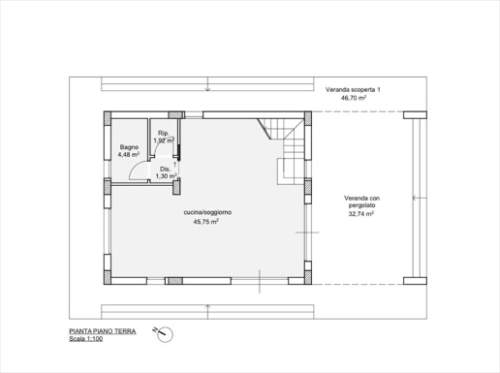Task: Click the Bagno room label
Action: pyautogui.click(x=129, y=147)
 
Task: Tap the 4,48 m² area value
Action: pyautogui.click(x=129, y=154)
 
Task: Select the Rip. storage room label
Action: pyautogui.click(x=164, y=133)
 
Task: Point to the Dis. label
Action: pyautogui.click(x=166, y=170)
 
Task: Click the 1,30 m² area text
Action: pyautogui.click(x=167, y=176)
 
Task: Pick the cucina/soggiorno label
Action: pyautogui.click(x=207, y=212)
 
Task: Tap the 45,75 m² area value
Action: pyautogui.click(x=206, y=222)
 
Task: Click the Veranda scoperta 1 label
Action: pyautogui.click(x=353, y=89)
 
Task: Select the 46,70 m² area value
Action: pyautogui.click(x=354, y=98)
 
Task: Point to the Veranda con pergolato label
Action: pyautogui.click(x=361, y=202)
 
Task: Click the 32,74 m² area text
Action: pyautogui.click(x=361, y=213)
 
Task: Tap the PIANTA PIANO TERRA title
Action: pyautogui.click(x=103, y=331)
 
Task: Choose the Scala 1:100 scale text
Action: pyautogui.click(x=86, y=339)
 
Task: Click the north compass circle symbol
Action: pyautogui.click(x=165, y=335)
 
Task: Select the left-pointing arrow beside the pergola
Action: pyautogui.click(x=420, y=198)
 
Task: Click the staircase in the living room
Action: pyautogui.click(x=283, y=151)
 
